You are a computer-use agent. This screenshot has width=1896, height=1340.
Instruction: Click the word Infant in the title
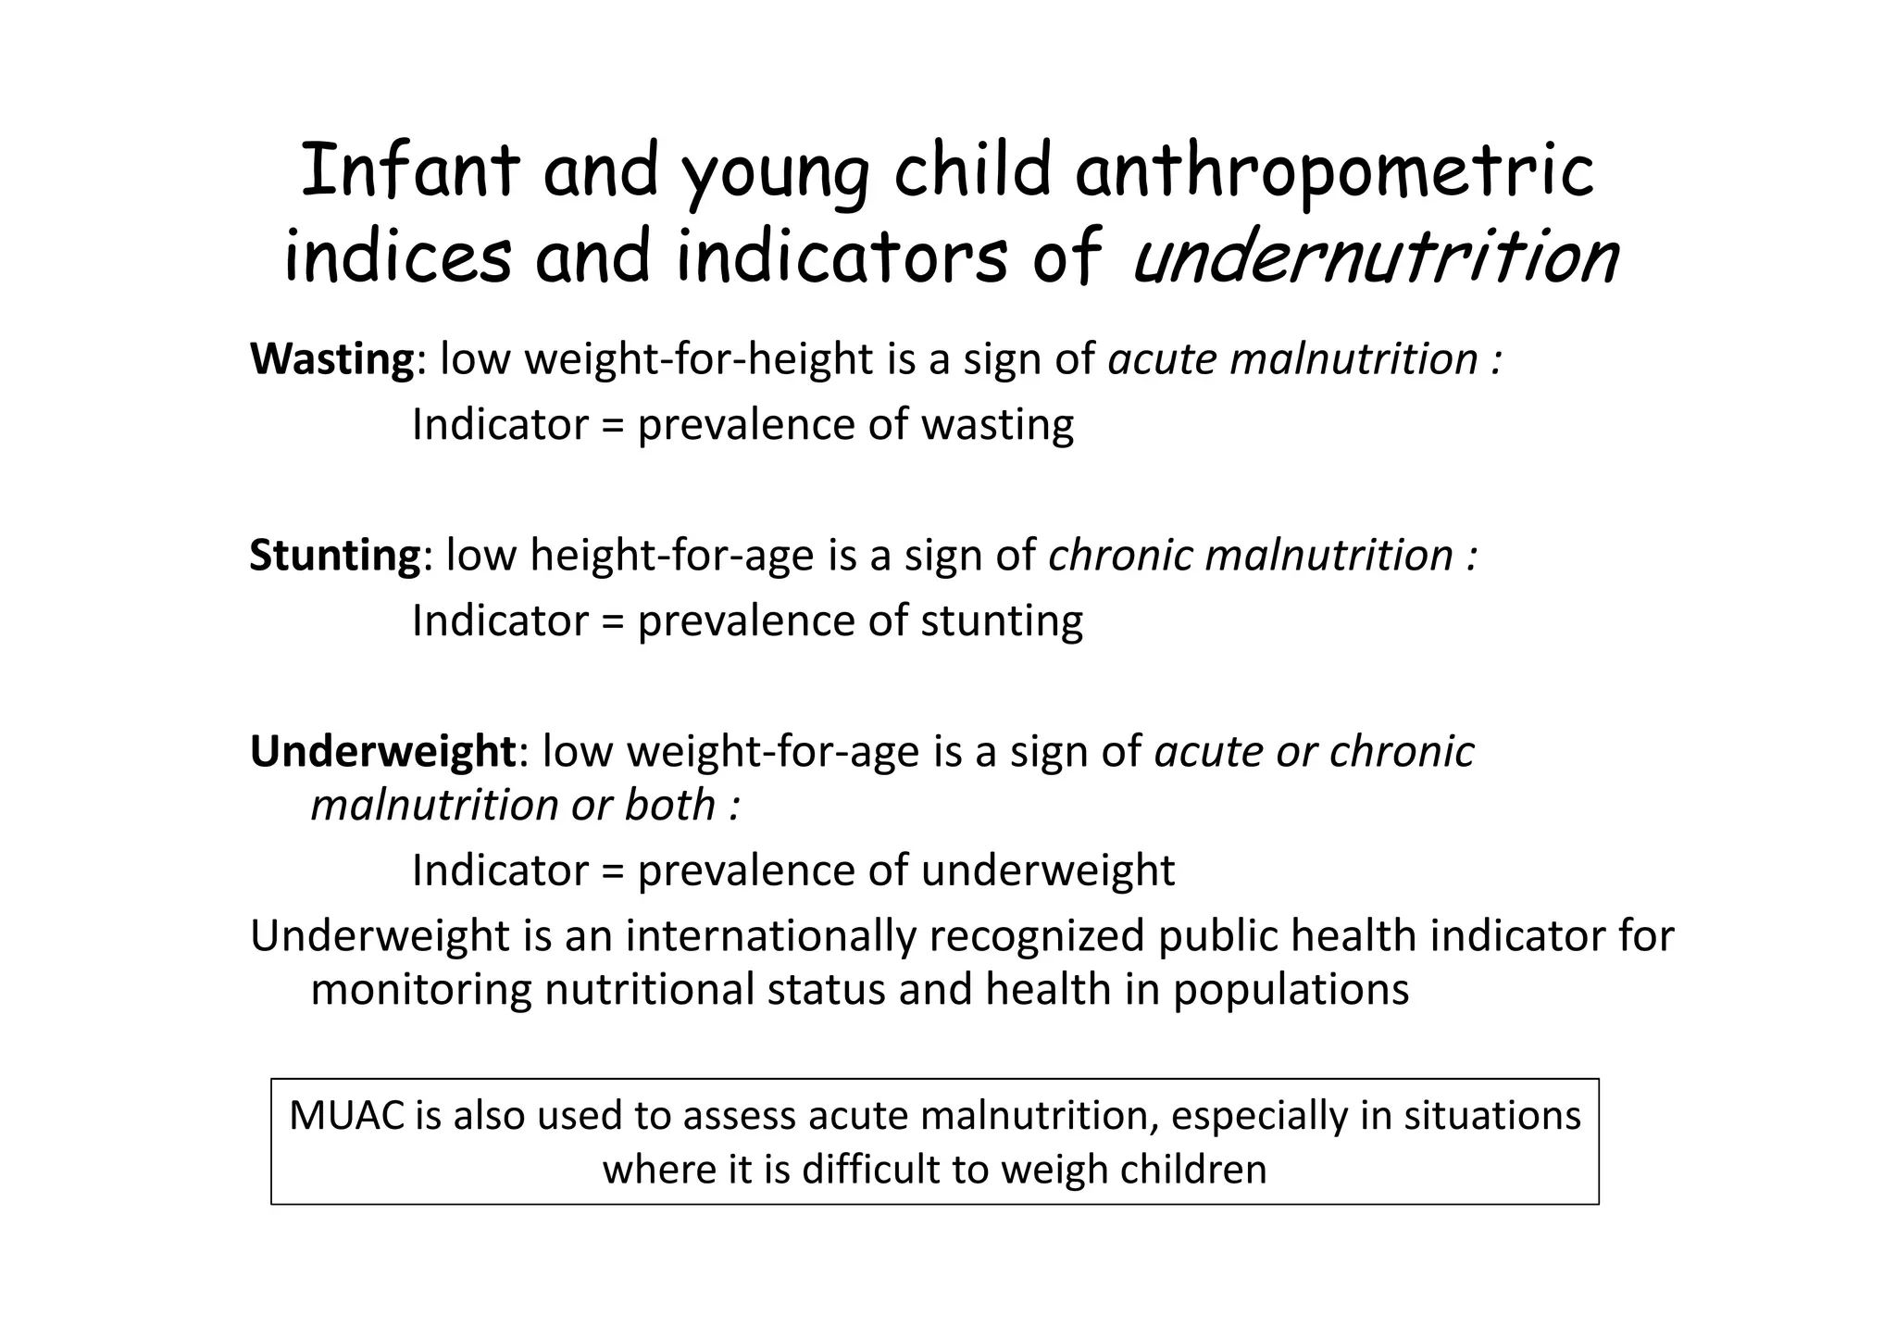coord(410,171)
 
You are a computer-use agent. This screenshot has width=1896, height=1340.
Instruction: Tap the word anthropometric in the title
coord(1334,173)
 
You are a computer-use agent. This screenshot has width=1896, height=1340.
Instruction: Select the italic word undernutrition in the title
coord(1374,257)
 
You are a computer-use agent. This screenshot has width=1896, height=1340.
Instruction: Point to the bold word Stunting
coord(335,556)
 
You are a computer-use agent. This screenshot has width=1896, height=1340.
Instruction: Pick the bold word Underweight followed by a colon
coord(382,751)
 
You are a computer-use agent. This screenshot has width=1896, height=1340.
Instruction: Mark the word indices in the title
coord(397,257)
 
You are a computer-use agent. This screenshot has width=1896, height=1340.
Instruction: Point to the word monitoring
coord(421,990)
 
